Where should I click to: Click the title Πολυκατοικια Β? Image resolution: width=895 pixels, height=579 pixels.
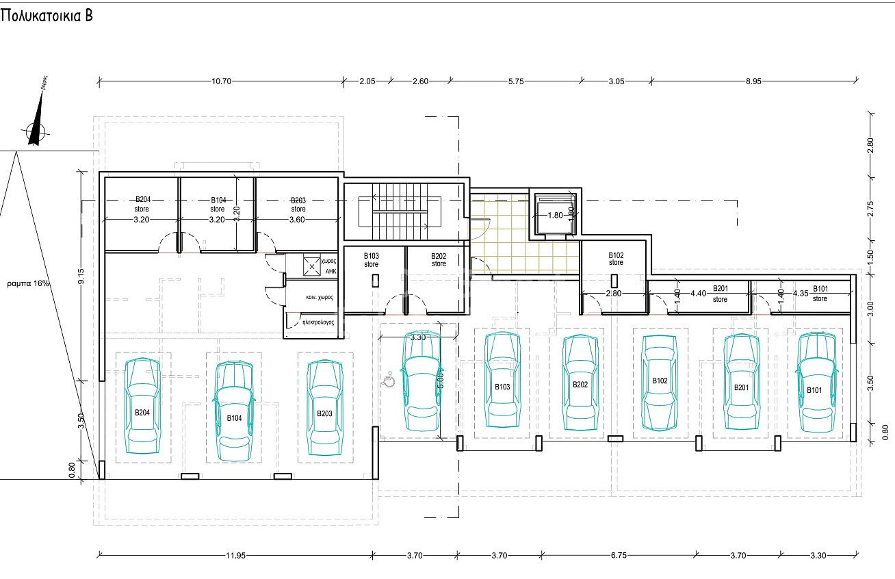tap(47, 16)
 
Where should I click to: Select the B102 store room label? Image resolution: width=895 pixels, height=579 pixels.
tap(616, 259)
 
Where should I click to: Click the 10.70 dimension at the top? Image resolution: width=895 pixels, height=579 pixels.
tap(221, 81)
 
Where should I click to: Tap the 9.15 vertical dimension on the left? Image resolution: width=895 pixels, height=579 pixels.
tap(81, 276)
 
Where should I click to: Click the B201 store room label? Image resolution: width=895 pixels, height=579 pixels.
tap(720, 294)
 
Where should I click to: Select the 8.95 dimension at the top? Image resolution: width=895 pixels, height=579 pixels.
tap(753, 81)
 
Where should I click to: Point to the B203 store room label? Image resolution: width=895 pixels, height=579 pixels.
tap(298, 205)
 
